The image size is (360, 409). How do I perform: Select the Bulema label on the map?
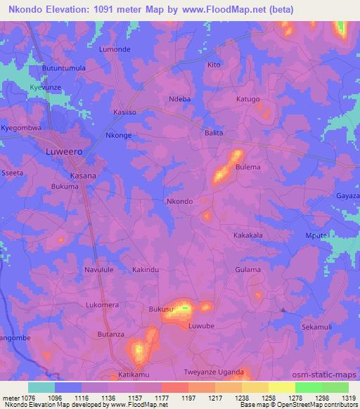point(248,167)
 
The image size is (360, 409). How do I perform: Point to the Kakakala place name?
point(247,235)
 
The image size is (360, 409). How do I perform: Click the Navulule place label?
point(98,270)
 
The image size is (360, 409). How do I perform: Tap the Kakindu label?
point(146,270)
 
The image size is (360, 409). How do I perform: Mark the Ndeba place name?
point(180,99)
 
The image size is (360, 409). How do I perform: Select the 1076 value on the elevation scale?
point(31,397)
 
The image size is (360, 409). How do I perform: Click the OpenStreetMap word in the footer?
point(314,405)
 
